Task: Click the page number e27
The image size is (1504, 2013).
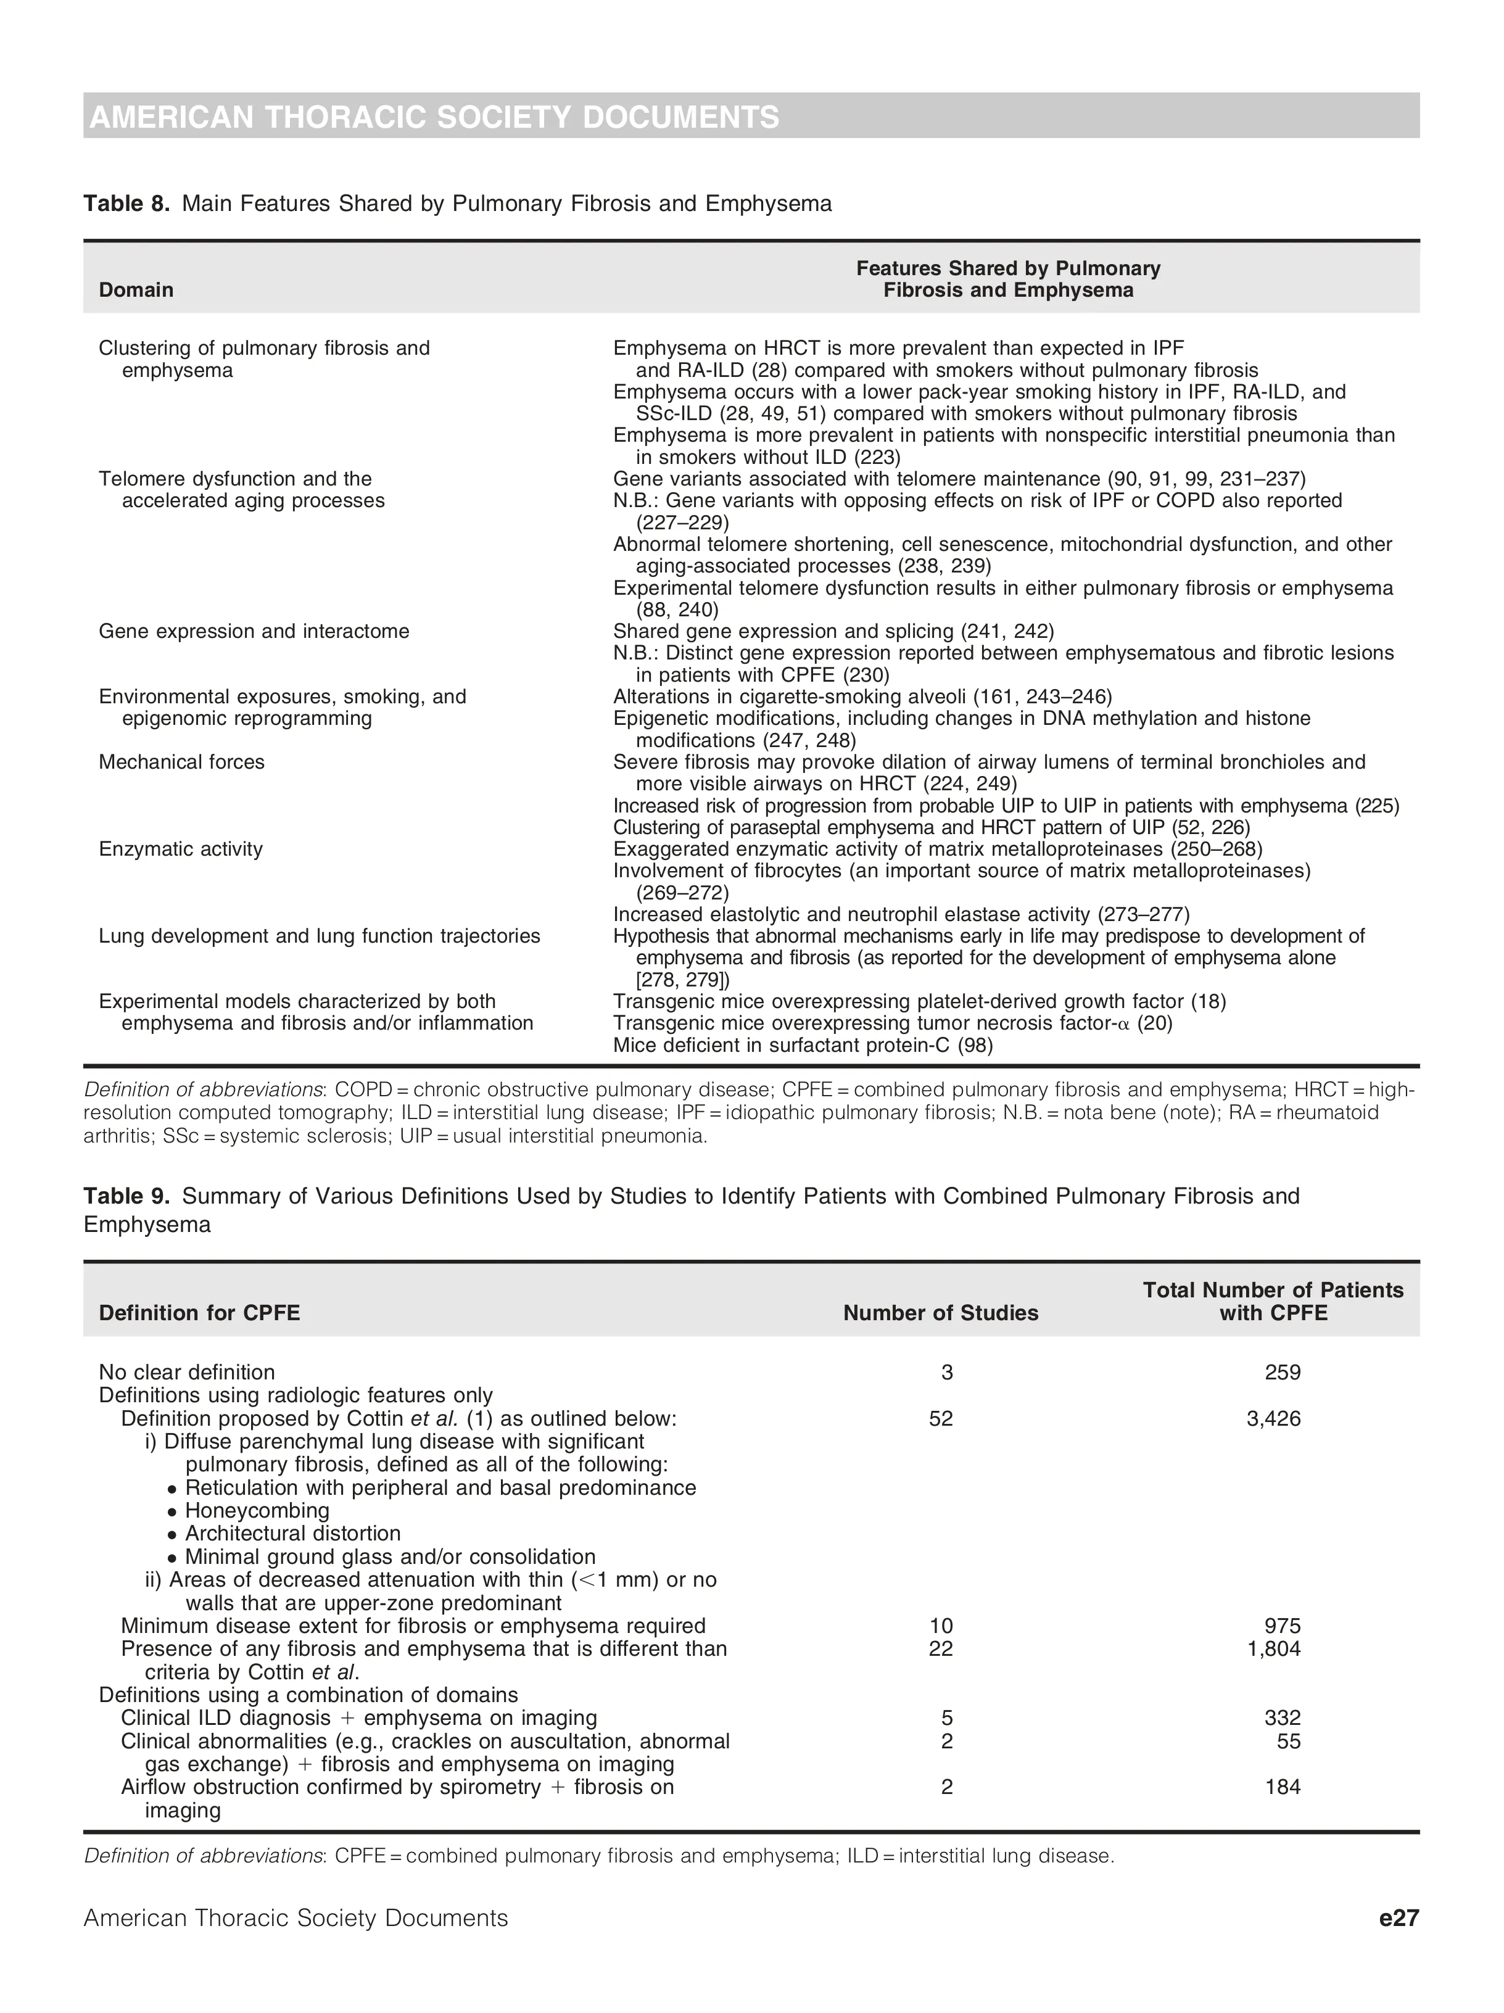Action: click(1399, 1919)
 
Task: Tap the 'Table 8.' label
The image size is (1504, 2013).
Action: click(126, 204)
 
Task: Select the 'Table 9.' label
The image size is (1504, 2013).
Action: click(126, 1196)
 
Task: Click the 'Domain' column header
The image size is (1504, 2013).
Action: click(136, 291)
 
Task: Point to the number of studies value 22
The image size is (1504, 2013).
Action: click(941, 1648)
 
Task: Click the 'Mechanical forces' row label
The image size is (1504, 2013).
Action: click(181, 763)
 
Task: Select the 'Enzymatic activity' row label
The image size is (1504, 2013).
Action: click(180, 849)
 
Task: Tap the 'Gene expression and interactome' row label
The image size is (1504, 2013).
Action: click(254, 632)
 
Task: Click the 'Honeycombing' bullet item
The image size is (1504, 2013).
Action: click(257, 1511)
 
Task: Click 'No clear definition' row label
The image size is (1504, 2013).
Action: click(186, 1373)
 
